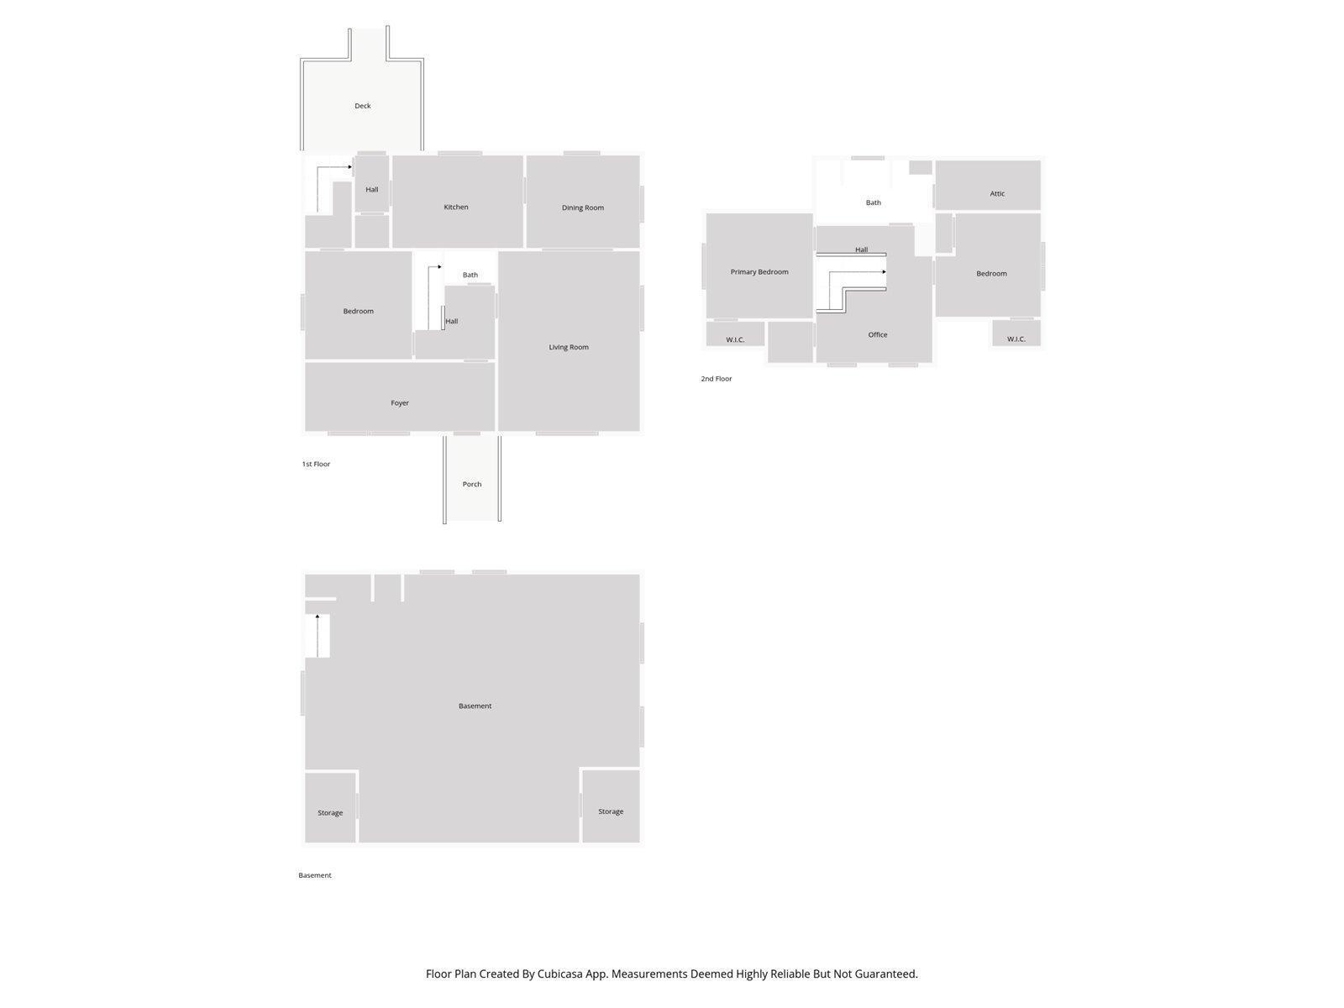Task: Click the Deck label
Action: click(x=362, y=106)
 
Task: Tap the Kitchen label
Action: click(x=456, y=207)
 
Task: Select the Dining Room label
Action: click(x=583, y=207)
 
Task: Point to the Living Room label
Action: click(x=569, y=347)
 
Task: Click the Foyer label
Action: click(x=400, y=403)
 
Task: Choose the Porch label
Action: click(x=472, y=484)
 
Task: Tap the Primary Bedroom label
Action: click(x=759, y=272)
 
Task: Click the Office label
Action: click(x=878, y=334)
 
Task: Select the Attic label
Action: click(x=997, y=193)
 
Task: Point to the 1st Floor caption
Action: click(x=316, y=464)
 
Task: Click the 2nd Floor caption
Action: click(x=717, y=379)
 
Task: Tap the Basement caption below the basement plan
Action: click(x=315, y=875)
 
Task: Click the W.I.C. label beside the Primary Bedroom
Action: click(x=735, y=339)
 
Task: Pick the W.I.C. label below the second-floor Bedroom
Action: click(x=1016, y=339)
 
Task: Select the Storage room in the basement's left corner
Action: click(x=330, y=812)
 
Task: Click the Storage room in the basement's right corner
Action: click(x=611, y=811)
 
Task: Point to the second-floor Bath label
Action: click(x=874, y=202)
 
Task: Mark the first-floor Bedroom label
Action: click(x=358, y=312)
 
